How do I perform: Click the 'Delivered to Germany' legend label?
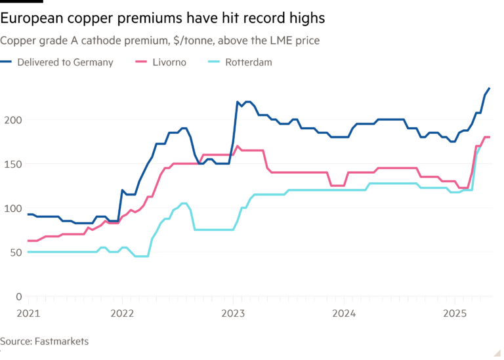pyautogui.click(x=65, y=62)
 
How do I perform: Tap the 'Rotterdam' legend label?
pyautogui.click(x=248, y=62)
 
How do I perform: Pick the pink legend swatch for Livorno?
pyautogui.click(x=140, y=62)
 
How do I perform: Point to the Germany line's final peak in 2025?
pyautogui.click(x=489, y=88)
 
